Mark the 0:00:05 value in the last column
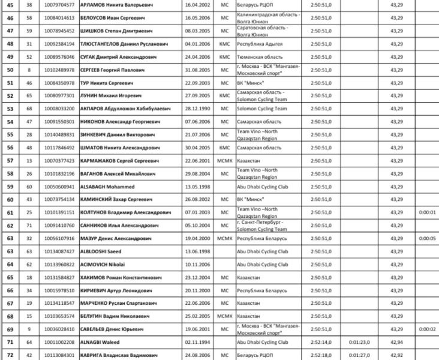(428, 238)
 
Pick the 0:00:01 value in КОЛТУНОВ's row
(428, 212)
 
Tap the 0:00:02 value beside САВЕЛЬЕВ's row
(428, 329)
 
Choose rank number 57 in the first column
(10, 161)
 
